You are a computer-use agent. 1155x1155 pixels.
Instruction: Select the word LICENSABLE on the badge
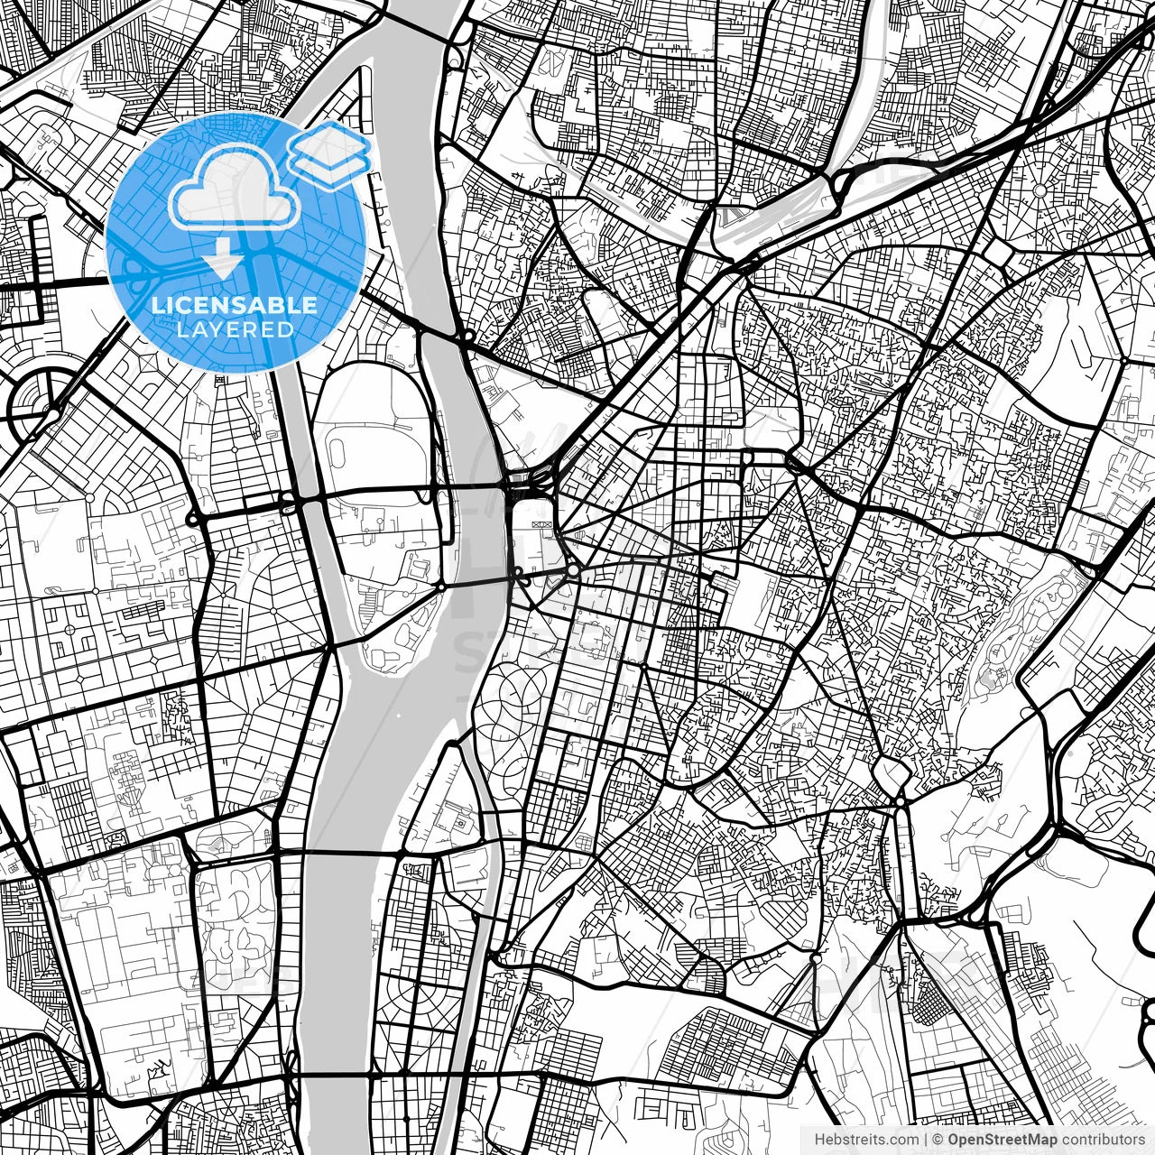tap(235, 305)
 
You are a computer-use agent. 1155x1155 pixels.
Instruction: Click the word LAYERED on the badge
tap(236, 329)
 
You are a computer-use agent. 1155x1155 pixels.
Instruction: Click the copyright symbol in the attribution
tap(938, 1140)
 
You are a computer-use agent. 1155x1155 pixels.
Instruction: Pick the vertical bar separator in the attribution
tap(926, 1140)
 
